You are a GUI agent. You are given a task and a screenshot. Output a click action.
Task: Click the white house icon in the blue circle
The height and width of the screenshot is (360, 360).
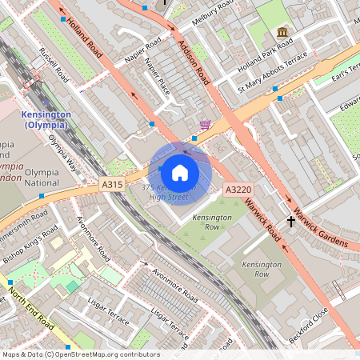click(180, 173)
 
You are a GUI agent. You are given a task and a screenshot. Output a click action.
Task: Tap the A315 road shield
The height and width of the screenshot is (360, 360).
click(112, 185)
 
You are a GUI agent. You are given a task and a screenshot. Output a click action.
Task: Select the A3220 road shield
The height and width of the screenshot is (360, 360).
click(237, 190)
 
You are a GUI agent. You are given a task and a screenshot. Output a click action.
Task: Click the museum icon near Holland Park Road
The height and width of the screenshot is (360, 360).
click(282, 31)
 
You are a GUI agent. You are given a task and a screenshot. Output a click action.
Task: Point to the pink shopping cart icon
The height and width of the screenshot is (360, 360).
click(206, 125)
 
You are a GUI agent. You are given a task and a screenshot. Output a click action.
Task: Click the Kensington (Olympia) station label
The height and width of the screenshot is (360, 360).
click(45, 120)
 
